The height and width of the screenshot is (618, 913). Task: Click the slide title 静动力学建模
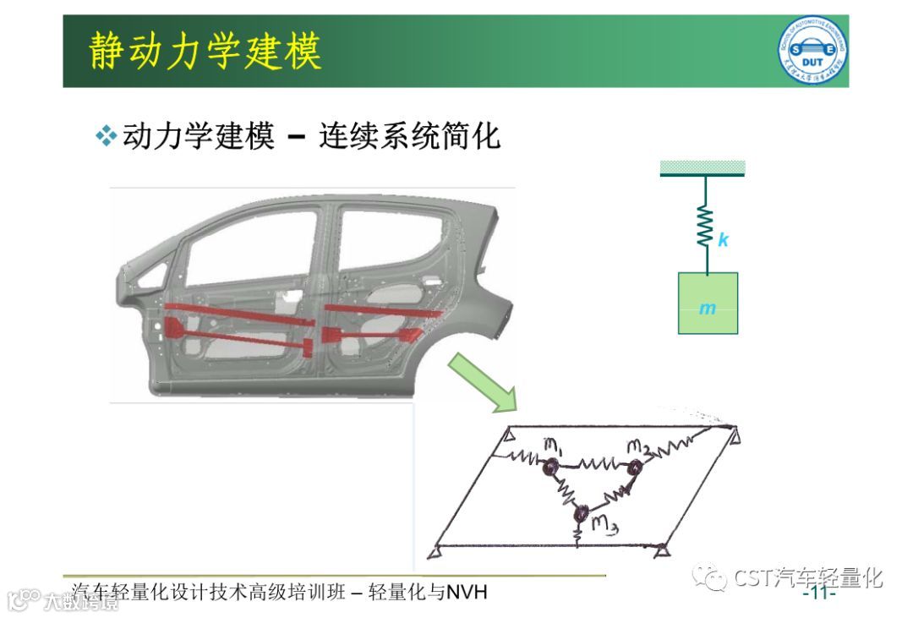205,52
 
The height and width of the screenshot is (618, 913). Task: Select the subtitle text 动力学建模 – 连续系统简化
311,136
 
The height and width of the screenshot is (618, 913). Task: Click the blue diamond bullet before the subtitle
106,136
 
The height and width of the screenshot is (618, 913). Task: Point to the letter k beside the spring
723,240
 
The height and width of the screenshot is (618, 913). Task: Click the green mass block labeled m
708,303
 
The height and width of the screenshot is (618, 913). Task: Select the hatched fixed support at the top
702,167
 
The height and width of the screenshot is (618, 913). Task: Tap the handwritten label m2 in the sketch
638,446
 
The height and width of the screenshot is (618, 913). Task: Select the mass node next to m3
582,512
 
